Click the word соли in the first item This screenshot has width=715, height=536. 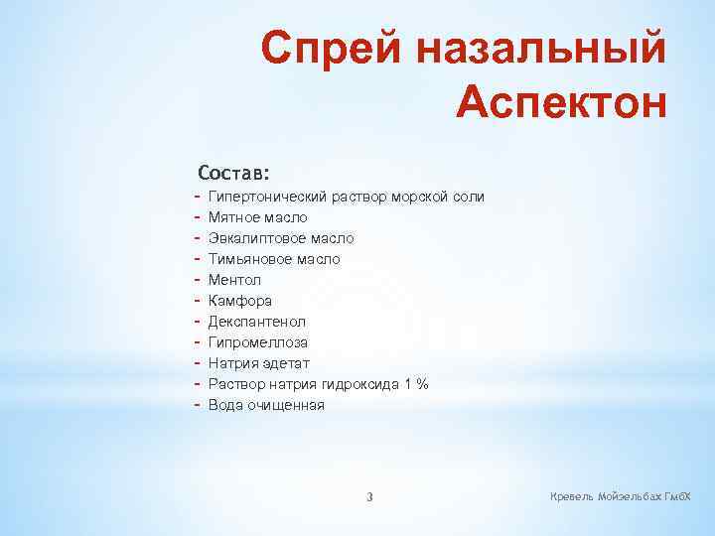pos(469,197)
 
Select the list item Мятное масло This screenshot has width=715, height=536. pos(257,217)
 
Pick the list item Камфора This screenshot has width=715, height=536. pos(239,301)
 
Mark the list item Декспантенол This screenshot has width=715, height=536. pos(256,322)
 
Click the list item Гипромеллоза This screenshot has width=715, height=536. pos(257,342)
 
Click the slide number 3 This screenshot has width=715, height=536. pos(369,497)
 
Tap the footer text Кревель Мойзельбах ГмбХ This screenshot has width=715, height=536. pos(621,495)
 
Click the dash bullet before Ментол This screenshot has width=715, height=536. pos(199,280)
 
